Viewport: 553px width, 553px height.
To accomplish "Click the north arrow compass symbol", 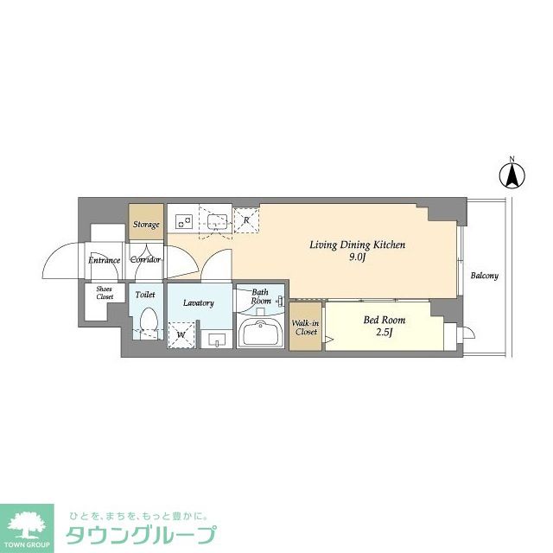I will point(512,175).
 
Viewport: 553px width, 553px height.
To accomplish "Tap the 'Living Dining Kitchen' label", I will point(357,245).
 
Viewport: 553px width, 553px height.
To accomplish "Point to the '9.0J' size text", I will point(357,257).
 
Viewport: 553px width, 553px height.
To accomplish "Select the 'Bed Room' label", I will point(383,320).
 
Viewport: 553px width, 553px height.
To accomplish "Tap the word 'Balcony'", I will point(484,276).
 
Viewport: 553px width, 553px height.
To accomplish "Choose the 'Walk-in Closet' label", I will point(306,327).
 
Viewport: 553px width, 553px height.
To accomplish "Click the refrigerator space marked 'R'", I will point(246,220).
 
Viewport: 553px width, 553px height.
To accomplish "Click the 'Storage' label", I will point(146,225).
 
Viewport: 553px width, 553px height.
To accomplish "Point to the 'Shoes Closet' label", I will point(104,294).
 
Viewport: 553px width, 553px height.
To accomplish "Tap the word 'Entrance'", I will point(105,259).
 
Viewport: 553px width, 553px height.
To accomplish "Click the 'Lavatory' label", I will point(199,302).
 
